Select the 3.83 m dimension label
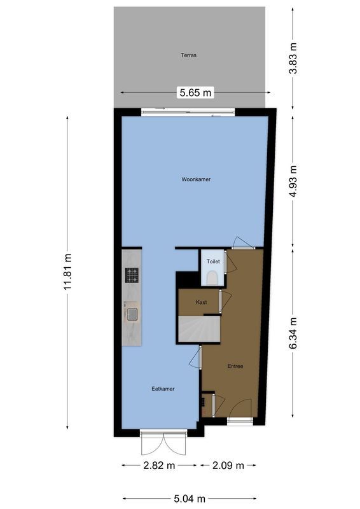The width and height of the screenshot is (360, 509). pos(293,58)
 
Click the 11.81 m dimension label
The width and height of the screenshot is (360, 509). pos(67,273)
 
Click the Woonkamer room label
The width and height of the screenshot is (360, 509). pos(195,179)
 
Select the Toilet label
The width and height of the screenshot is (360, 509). pos(213,261)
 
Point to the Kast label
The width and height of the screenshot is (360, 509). pos(201,302)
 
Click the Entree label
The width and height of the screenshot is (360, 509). pos(235,366)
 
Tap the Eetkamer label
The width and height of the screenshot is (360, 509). pos(163,389)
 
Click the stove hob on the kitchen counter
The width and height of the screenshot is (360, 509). pos(132,275)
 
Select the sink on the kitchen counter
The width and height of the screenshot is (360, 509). pos(132,313)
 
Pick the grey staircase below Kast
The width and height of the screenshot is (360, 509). pos(198,329)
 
